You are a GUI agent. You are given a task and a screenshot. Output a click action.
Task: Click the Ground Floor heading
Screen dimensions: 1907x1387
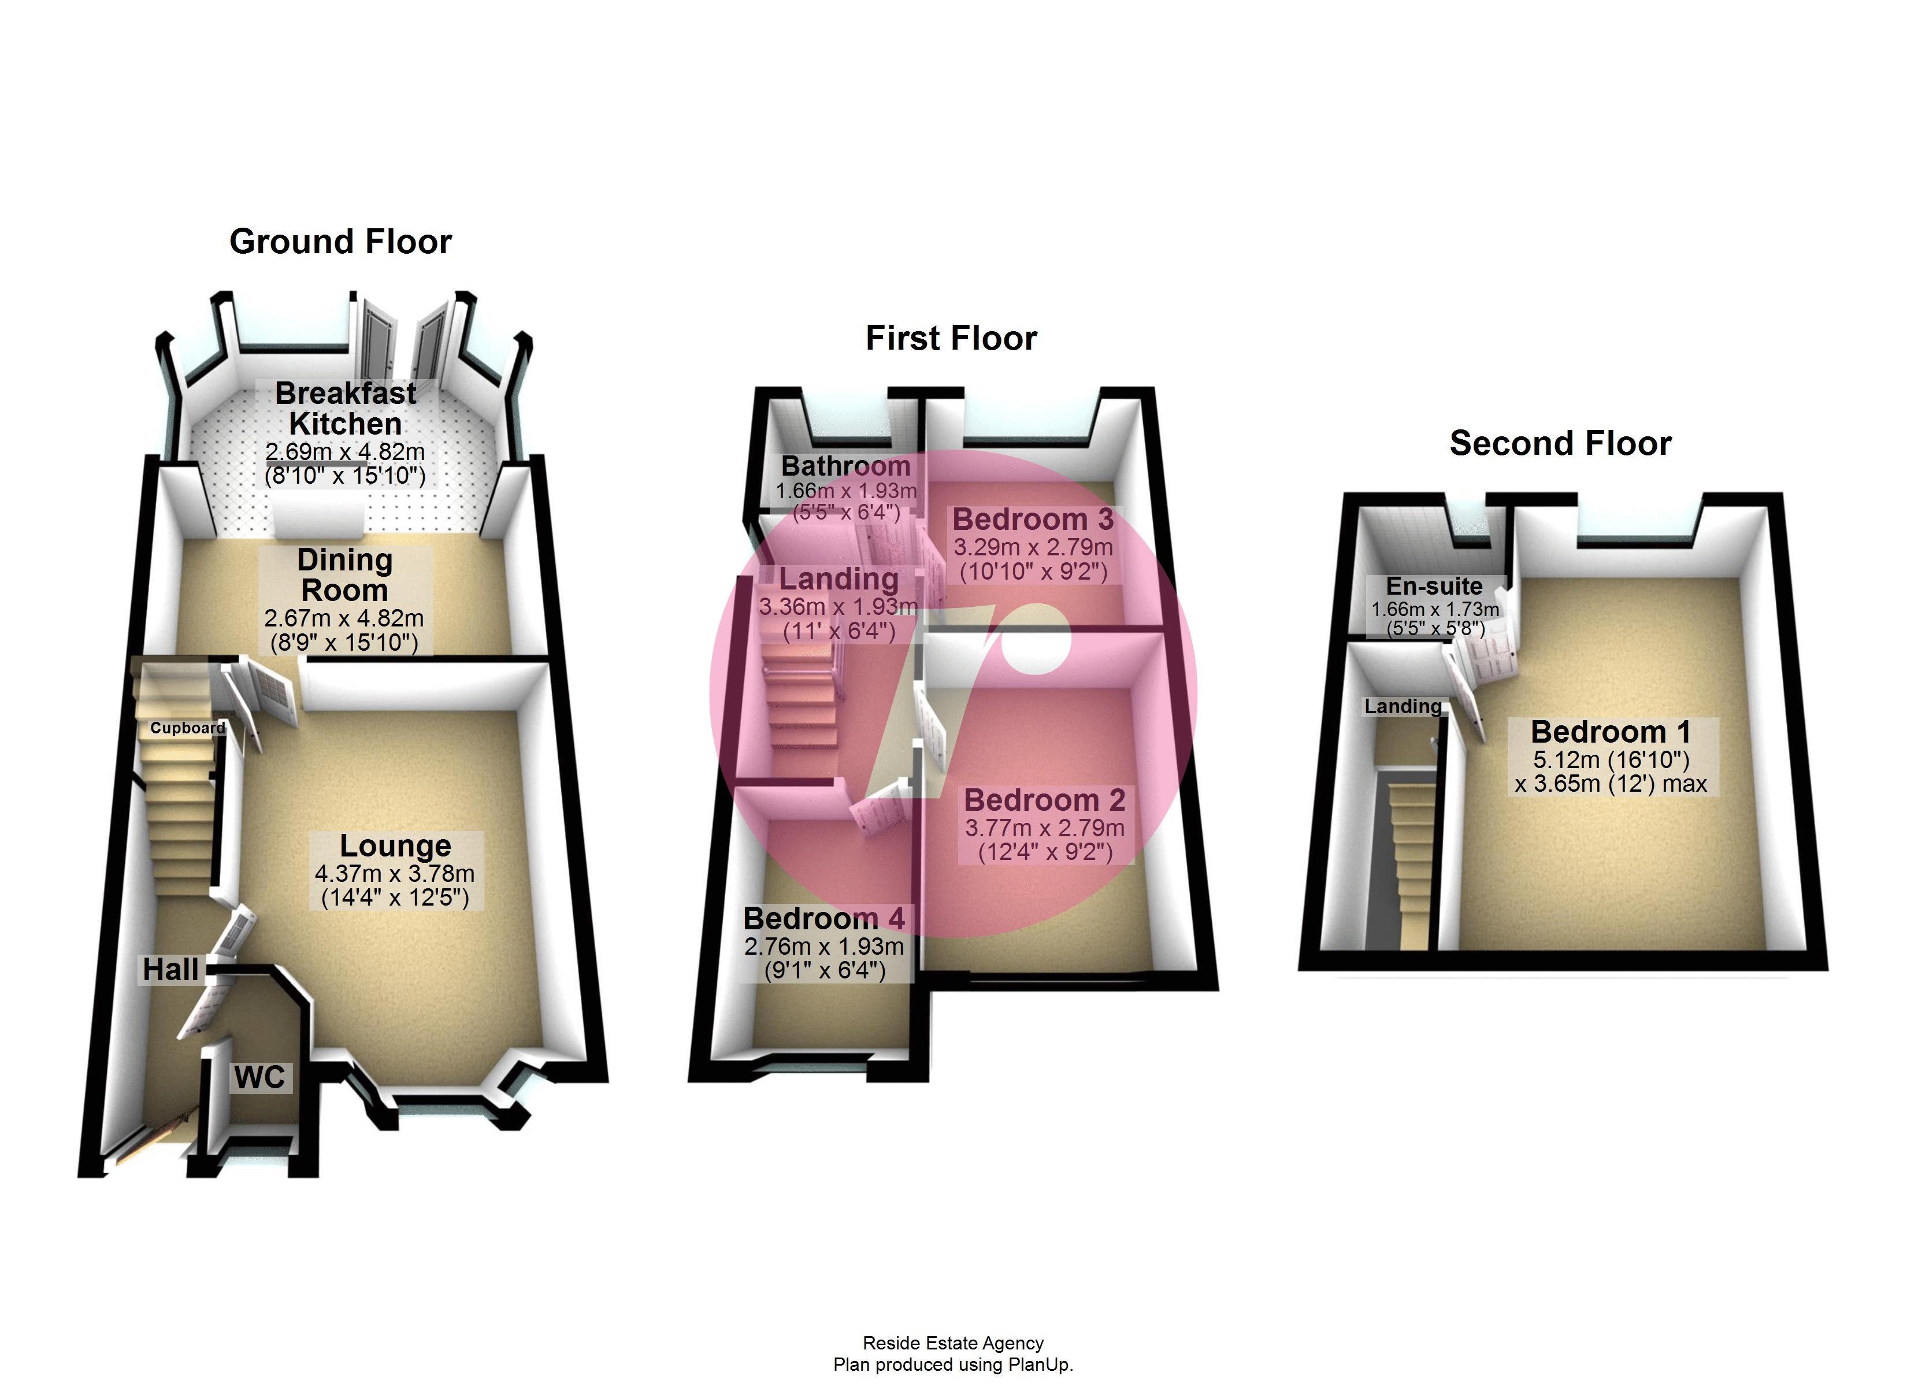click(x=340, y=242)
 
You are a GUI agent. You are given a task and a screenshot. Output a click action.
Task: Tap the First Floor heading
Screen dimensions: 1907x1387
click(x=951, y=338)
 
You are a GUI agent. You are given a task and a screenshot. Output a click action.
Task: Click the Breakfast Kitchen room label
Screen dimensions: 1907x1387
click(x=346, y=408)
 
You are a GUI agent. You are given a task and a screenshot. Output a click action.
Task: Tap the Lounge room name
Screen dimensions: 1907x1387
click(x=395, y=845)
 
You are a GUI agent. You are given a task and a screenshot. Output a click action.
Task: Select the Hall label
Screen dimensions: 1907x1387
click(x=170, y=969)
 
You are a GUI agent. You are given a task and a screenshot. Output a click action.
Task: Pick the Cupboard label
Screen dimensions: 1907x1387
click(x=187, y=728)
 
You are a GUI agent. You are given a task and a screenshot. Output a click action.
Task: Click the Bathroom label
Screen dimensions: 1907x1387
click(x=846, y=465)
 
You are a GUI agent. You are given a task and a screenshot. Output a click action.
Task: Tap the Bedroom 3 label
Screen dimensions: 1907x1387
click(x=1033, y=519)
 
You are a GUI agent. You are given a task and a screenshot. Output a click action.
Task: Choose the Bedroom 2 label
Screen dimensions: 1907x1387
click(x=1044, y=799)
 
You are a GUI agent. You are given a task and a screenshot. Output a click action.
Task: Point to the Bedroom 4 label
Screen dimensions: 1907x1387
click(x=824, y=918)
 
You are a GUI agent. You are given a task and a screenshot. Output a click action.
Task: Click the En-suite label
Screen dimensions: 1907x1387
click(x=1434, y=585)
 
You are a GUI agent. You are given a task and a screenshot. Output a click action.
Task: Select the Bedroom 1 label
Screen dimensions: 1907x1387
click(x=1610, y=732)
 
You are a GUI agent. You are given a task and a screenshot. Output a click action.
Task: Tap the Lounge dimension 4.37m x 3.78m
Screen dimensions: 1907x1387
click(x=394, y=873)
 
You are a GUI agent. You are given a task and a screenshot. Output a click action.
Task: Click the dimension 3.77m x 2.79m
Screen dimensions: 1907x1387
click(x=1044, y=828)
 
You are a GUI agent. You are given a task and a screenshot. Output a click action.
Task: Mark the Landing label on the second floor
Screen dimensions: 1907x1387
click(x=1403, y=707)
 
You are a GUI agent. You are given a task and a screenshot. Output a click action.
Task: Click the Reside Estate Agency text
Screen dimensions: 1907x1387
click(x=953, y=1343)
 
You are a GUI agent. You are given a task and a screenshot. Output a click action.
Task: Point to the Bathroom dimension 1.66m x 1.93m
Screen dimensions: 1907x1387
click(x=846, y=491)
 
